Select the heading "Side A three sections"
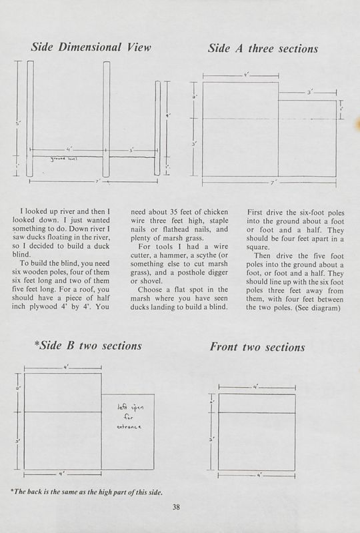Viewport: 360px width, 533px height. (x=263, y=48)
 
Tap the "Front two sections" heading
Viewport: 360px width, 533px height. (x=257, y=347)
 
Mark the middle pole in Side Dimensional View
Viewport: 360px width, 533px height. (x=106, y=120)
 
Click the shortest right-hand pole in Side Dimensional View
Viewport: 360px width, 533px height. (x=157, y=130)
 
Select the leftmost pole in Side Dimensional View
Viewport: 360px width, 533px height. (x=29, y=120)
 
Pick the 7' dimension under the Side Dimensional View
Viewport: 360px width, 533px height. (x=97, y=181)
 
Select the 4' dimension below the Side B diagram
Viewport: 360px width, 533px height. (x=62, y=474)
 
